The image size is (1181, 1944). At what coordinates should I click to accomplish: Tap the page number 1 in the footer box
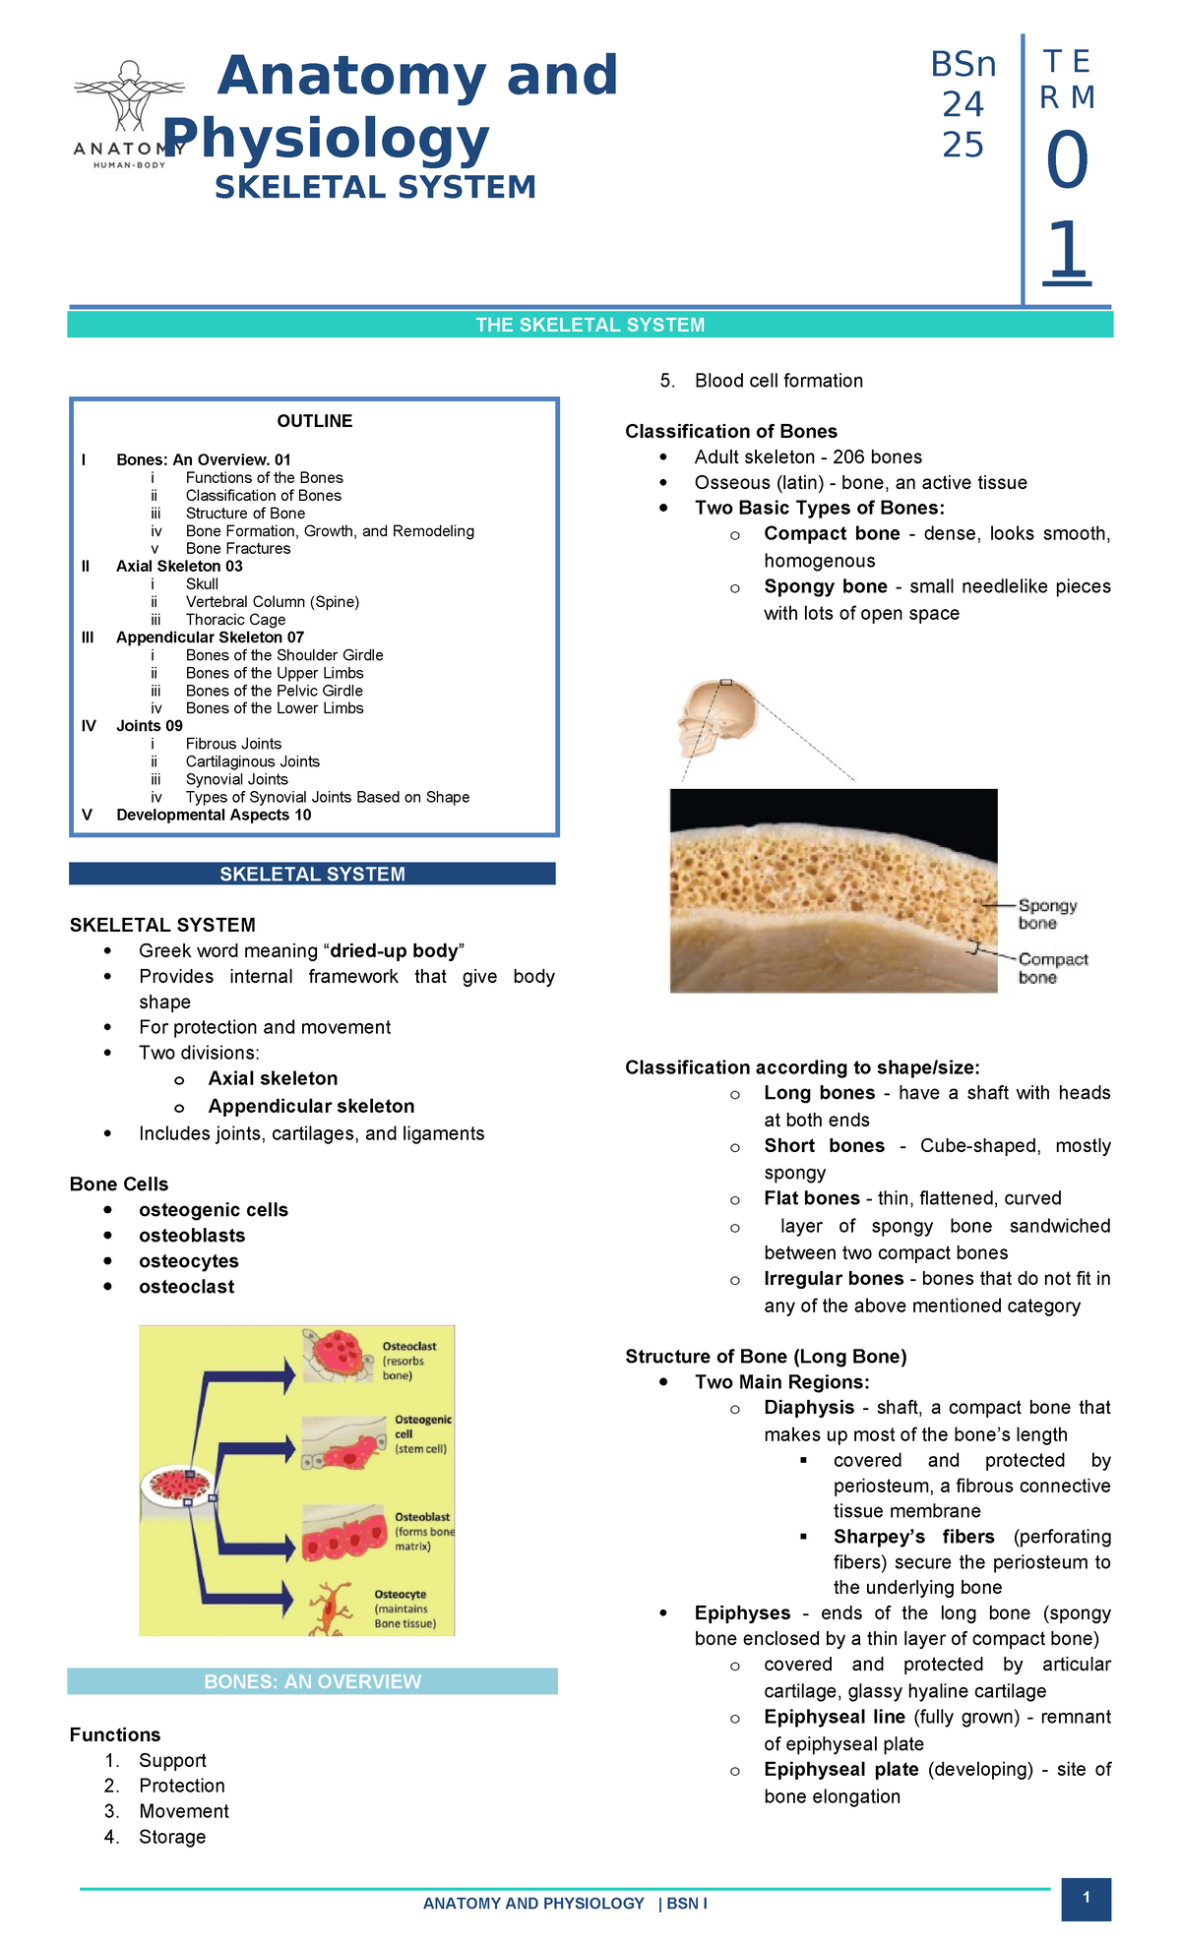click(1086, 1898)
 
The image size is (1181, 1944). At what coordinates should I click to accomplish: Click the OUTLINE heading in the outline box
click(314, 421)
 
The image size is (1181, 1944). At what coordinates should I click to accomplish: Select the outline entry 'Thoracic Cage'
click(235, 620)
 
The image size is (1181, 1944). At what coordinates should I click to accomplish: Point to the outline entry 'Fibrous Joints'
click(233, 744)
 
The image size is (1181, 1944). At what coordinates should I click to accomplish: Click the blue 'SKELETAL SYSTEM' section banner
click(312, 874)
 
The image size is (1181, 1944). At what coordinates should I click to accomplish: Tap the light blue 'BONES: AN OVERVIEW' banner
click(312, 1681)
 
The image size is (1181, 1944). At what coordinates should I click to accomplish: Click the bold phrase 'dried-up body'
click(394, 950)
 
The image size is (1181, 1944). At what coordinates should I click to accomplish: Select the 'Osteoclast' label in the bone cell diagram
click(409, 1346)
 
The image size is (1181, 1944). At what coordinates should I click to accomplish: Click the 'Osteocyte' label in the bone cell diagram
click(401, 1595)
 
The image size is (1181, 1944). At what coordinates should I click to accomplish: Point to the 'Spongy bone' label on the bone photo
click(1047, 914)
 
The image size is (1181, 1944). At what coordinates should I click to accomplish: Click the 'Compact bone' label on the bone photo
click(1052, 967)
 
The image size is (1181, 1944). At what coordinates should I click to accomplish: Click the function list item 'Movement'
click(183, 1811)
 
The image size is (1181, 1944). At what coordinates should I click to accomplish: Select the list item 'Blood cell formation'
click(778, 381)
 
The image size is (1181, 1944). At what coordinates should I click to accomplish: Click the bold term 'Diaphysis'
click(809, 1408)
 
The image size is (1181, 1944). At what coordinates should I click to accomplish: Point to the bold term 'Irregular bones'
click(834, 1279)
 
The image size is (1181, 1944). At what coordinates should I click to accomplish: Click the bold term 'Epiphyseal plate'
click(840, 1769)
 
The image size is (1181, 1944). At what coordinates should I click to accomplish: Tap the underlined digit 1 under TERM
click(1067, 252)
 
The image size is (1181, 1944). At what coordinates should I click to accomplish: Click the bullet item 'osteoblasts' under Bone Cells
click(192, 1236)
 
